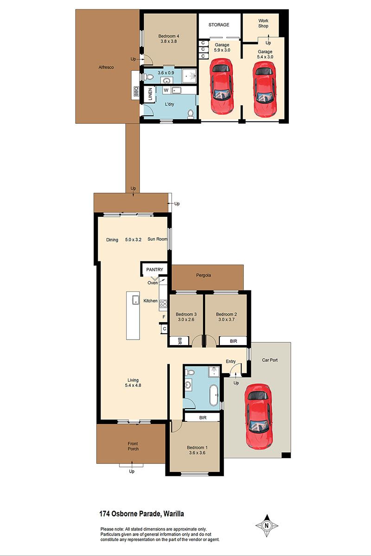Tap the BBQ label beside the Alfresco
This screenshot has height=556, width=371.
coord(136,91)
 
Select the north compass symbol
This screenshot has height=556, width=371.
coord(267,525)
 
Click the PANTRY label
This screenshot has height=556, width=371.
coord(154,270)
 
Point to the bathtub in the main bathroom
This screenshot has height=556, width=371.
coord(214,395)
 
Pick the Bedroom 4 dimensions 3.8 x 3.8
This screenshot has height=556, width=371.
coord(168,41)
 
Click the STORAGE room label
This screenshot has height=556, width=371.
coord(219,25)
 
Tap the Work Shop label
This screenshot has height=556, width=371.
coord(263,23)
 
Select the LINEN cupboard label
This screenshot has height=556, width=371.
coord(150,94)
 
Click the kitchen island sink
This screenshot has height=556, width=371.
coord(136,300)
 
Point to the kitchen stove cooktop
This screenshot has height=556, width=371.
coord(163,303)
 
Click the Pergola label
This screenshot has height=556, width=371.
coord(204,275)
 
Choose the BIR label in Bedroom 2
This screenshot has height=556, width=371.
coord(233,341)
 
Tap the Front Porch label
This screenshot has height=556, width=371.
coord(133,446)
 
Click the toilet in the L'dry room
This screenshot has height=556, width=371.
coord(191,114)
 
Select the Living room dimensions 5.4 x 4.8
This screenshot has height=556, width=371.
coord(133,385)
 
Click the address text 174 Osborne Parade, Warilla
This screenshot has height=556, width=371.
coord(141,514)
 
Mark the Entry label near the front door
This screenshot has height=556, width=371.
coord(230,361)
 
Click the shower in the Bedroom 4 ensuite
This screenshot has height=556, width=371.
coord(189,76)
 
